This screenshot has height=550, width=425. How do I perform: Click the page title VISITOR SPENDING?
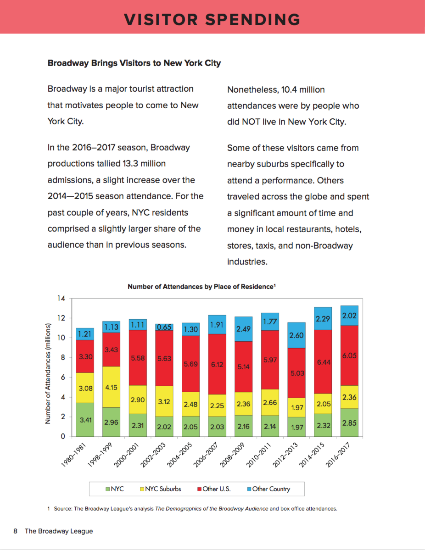[212, 19]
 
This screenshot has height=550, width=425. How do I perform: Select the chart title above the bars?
[201, 286]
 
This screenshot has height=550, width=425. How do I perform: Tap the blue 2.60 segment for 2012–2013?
[297, 335]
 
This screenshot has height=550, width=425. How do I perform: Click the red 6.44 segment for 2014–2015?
[324, 362]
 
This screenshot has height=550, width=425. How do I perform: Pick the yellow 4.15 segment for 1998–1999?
[112, 387]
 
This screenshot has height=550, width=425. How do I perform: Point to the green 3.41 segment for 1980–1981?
[85, 419]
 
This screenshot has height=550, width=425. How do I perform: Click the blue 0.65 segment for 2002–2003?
[164, 327]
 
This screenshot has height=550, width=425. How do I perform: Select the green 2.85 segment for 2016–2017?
[350, 422]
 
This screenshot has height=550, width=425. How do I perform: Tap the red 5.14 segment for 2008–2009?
[244, 367]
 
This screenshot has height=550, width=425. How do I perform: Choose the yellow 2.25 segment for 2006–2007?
[217, 406]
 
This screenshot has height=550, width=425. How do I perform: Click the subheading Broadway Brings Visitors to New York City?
[134, 63]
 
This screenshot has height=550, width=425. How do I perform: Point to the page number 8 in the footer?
[15, 531]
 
